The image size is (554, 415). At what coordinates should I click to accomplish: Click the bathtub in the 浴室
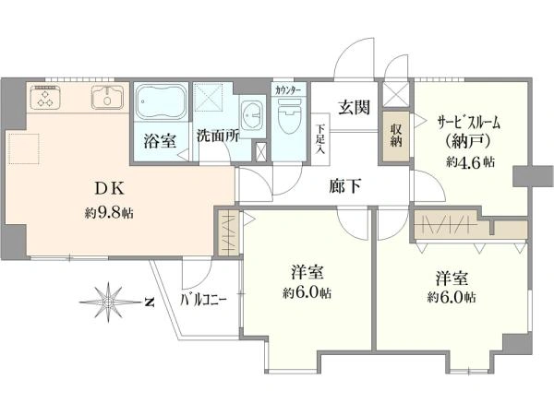(162, 101)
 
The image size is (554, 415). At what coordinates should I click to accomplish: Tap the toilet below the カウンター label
(289, 116)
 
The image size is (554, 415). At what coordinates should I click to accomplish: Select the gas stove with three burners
(45, 97)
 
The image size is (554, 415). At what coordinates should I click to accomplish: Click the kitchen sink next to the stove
(107, 98)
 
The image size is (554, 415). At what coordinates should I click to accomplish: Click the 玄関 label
(354, 107)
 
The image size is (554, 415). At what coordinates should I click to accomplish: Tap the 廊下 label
(345, 185)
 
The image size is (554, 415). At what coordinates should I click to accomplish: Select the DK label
(109, 189)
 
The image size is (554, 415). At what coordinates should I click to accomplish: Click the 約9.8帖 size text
(109, 213)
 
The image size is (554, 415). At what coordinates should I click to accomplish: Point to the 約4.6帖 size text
(470, 161)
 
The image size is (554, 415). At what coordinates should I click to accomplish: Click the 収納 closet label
(396, 136)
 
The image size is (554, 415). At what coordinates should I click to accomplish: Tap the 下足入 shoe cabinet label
(320, 139)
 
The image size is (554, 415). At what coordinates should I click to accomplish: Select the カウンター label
(288, 90)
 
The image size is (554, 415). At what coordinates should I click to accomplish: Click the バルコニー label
(203, 301)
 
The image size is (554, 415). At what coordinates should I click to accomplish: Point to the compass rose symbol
(108, 302)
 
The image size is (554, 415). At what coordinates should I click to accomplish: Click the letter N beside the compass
(150, 302)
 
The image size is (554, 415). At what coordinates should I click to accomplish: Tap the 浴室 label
(160, 141)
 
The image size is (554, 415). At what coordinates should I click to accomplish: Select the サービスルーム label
(469, 124)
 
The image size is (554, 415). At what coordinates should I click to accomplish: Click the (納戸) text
(468, 141)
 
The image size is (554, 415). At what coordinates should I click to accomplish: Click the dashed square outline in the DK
(24, 148)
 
